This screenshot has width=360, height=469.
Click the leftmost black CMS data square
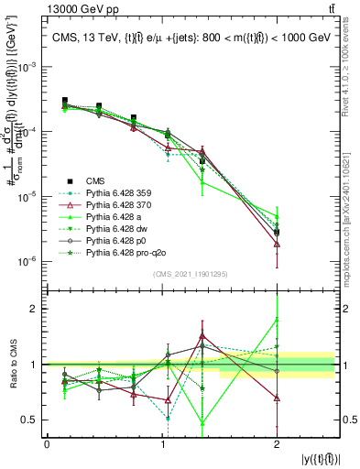[x=64, y=100]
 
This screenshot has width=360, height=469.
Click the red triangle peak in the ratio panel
[x=202, y=335]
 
